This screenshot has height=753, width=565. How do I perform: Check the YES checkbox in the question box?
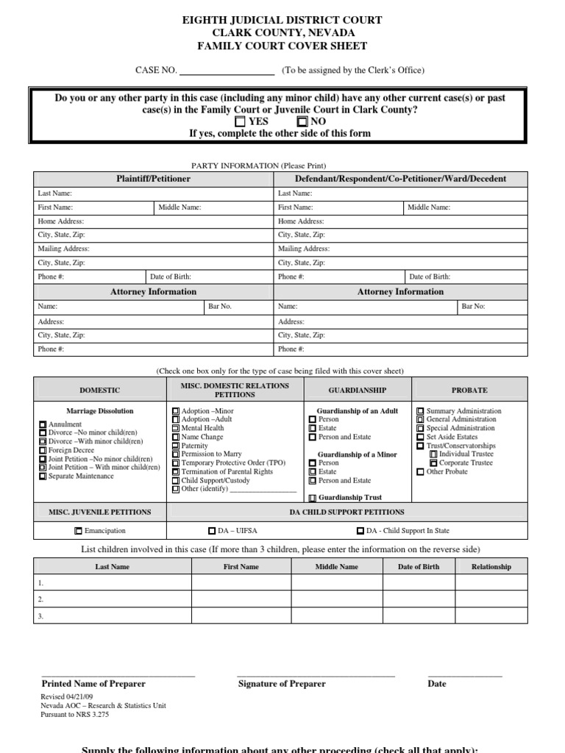coord(241,121)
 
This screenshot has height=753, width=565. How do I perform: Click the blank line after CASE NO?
coord(227,71)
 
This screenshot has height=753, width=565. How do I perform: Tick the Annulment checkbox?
coord(42,425)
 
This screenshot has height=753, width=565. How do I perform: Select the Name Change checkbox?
coord(175,437)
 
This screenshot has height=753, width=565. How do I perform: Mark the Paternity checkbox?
coord(175,446)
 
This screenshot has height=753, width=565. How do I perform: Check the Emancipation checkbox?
coord(78,530)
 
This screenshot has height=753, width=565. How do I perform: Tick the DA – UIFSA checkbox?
coord(212,530)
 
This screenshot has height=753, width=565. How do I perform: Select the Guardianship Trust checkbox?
coord(313,498)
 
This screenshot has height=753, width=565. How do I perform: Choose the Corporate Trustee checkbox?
coord(433,463)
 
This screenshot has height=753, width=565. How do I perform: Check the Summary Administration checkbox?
coord(420,411)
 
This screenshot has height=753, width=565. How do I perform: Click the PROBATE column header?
coord(469,390)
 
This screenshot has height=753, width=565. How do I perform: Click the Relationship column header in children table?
coord(491,567)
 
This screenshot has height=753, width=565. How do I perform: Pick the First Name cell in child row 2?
coord(241,599)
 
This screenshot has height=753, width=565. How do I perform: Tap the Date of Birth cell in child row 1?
coord(418,582)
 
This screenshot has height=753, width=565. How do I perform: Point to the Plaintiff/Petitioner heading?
coord(153,179)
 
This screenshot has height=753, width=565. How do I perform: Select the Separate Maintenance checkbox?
coord(42,477)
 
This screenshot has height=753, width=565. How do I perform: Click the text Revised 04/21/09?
coord(67,696)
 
